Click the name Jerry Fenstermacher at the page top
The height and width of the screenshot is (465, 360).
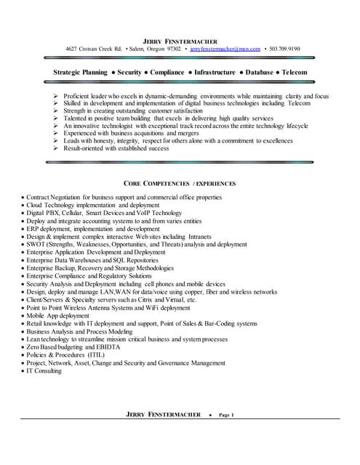180,39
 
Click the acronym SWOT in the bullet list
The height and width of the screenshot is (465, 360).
36,245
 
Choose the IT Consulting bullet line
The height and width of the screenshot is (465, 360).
44,371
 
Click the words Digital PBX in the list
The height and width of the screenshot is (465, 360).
44,213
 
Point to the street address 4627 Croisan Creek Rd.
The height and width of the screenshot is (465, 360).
93,49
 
